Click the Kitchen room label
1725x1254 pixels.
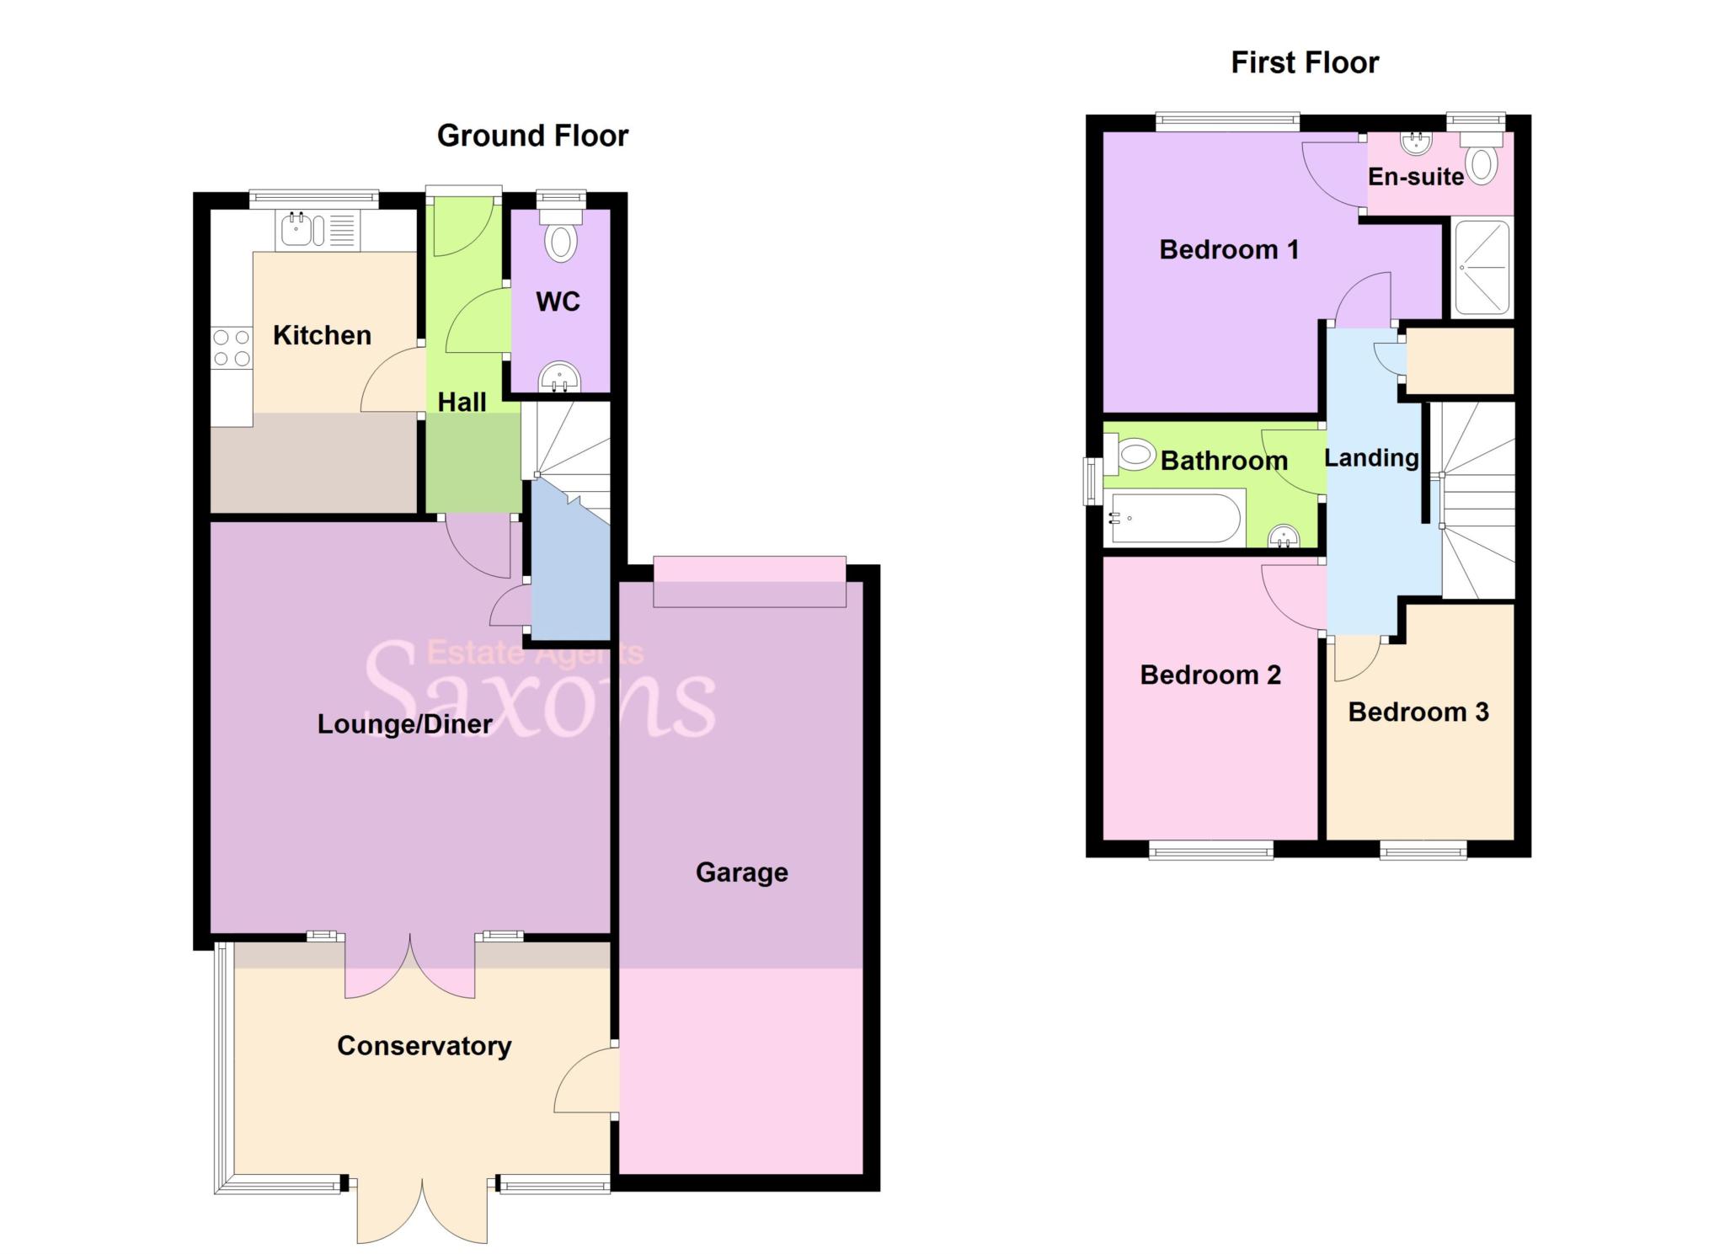[x=322, y=335]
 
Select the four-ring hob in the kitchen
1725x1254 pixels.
[x=232, y=348]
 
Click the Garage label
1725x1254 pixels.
[x=741, y=872]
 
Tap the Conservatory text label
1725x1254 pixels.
[x=424, y=1046]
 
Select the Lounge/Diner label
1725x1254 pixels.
[x=404, y=724]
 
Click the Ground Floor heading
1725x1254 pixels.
[x=532, y=136]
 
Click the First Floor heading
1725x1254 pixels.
[x=1305, y=62]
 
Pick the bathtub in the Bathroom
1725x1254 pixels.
[x=1176, y=518]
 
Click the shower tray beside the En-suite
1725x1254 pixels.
[x=1482, y=267]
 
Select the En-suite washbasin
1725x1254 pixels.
[x=1416, y=143]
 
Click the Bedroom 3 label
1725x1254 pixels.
[x=1418, y=712]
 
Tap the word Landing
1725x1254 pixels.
[x=1371, y=458]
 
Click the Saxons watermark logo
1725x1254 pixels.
[x=539, y=691]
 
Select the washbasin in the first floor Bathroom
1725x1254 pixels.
[x=1284, y=536]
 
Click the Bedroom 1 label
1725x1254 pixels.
[x=1229, y=249]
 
